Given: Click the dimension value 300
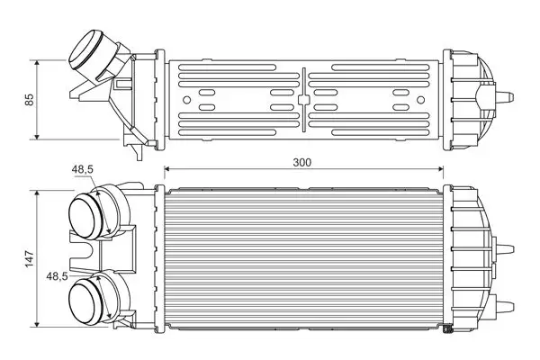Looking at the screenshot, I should tap(303, 162).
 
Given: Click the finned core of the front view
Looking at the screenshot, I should tap(303, 256).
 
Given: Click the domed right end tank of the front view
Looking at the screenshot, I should tap(472, 256).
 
